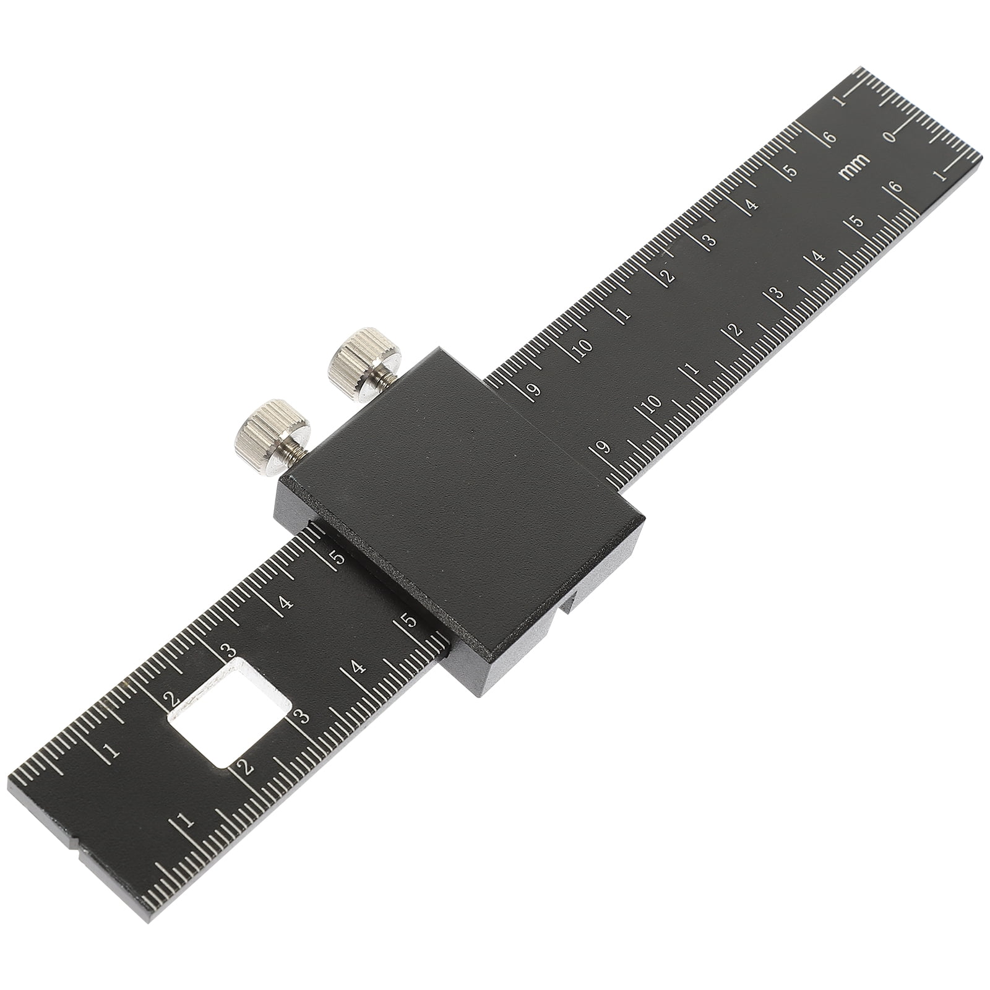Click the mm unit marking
coord(854,166)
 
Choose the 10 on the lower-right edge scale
coord(652,405)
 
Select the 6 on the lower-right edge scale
coord(893,187)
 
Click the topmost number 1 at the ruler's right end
coord(839,101)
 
